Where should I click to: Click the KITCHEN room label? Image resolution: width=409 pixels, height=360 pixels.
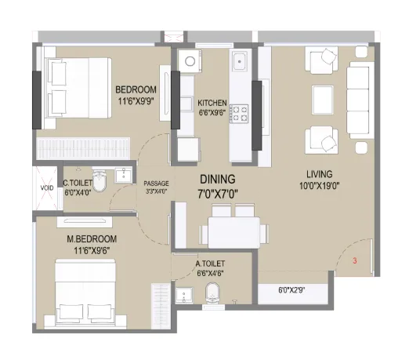pos(212,103)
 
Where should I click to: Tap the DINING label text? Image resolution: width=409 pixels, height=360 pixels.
pos(218,180)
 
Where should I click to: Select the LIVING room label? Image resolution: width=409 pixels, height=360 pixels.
pos(320,174)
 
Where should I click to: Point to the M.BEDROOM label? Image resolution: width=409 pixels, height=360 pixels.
pos(92,239)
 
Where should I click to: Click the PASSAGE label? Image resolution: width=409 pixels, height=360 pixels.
pos(156,184)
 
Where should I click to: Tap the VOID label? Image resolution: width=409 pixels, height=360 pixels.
pos(47,187)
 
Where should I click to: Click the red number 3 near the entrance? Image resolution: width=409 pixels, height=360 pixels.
pos(355,260)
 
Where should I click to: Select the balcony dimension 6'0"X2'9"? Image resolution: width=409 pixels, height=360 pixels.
pos(291,290)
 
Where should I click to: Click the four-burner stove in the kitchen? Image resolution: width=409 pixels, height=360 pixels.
pos(239,114)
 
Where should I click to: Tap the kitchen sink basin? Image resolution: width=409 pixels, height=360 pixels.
pos(241,61)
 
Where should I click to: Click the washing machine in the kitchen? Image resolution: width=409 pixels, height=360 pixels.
pos(190,61)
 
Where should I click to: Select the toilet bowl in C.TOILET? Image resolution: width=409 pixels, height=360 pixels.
pos(100,181)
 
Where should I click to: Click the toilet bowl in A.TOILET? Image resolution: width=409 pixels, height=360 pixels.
pos(213,293)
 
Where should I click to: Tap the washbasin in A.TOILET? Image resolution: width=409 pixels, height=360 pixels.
pos(184,295)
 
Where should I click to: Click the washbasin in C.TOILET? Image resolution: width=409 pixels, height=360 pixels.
pos(124,175)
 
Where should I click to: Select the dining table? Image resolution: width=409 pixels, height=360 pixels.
pos(234,232)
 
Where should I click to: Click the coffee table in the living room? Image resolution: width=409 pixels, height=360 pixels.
pos(323,99)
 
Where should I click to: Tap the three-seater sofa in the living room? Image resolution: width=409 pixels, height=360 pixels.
pos(358,100)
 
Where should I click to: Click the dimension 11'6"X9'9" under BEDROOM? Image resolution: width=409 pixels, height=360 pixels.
pos(136,101)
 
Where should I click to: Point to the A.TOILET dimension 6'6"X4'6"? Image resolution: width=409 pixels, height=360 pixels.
pos(210,274)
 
